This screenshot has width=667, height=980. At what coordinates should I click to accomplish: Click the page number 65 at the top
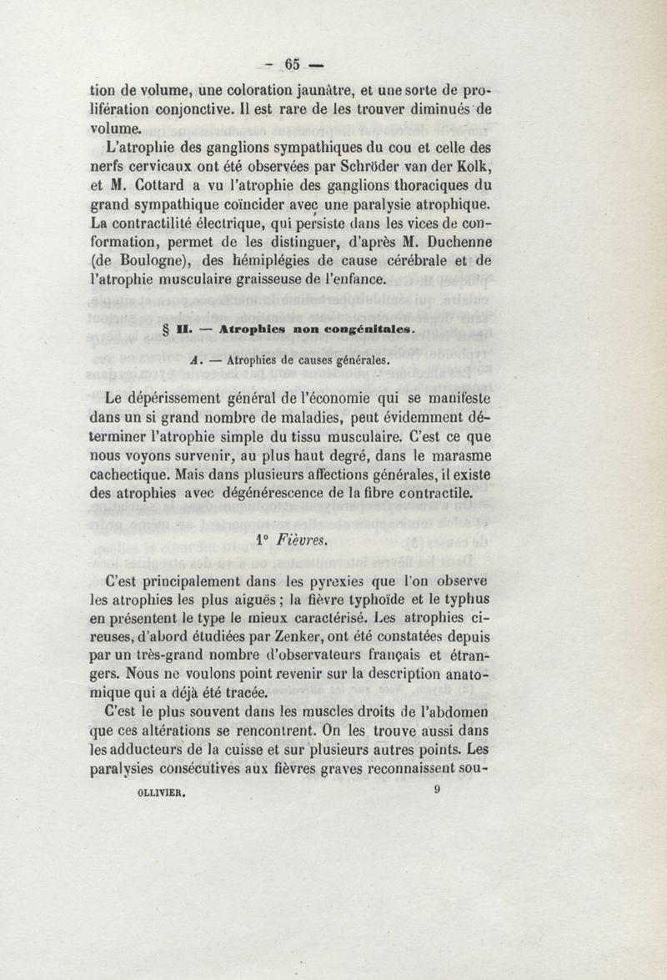[292, 63]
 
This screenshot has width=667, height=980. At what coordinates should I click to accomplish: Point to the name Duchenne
[529, 244]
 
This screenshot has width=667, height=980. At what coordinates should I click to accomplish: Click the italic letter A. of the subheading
[195, 361]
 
